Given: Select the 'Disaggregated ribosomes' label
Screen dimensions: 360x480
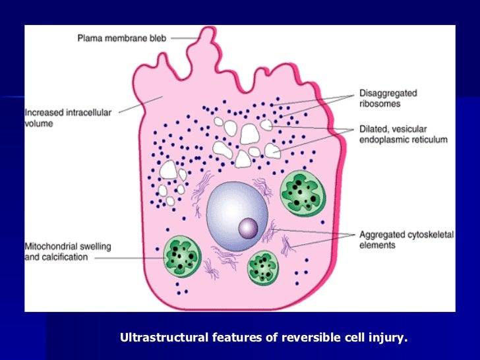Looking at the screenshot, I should pyautogui.click(x=388, y=99).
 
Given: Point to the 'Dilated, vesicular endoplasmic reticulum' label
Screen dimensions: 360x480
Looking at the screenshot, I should pyautogui.click(x=402, y=135).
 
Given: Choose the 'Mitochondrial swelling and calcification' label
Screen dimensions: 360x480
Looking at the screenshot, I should pyautogui.click(x=67, y=252).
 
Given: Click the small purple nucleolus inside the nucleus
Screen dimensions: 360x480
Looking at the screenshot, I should pyautogui.click(x=249, y=228).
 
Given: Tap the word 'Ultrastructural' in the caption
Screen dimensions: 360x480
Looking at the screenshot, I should pyautogui.click(x=164, y=339).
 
